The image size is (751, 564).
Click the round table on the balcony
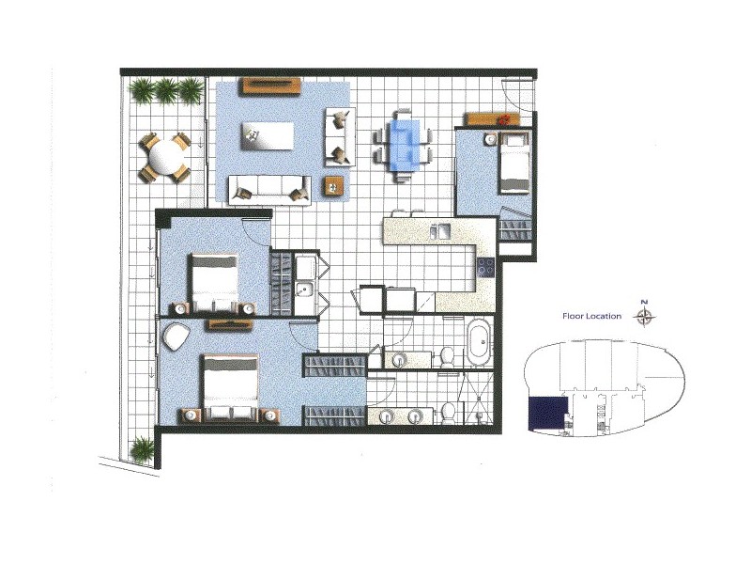tap(164, 156)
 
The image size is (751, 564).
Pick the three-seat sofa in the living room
tap(269, 187)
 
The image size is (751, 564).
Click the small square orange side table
tap(333, 185)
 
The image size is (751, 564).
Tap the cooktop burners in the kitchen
tap(485, 267)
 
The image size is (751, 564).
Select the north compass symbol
tap(645, 317)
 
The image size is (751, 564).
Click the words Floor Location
tap(591, 317)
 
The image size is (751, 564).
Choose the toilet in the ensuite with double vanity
tap(450, 412)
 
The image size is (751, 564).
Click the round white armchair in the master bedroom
tap(176, 339)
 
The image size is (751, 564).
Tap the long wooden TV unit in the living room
tap(269, 86)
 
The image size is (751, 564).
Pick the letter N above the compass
tap(645, 302)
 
